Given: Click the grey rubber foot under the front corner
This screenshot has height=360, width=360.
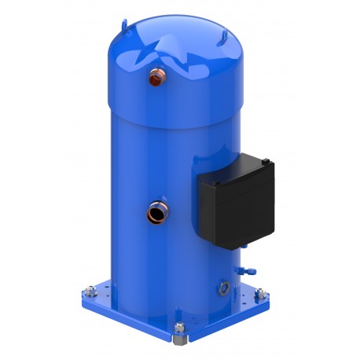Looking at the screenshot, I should [180, 343].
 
